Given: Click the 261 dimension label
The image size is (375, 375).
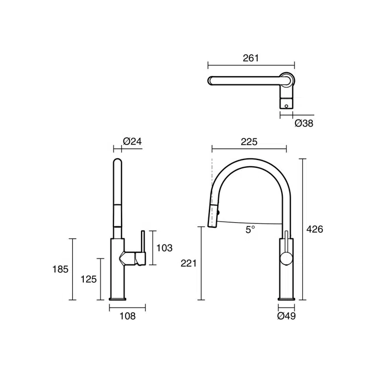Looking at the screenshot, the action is pos(251,58).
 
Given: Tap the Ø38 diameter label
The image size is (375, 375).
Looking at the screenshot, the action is pos(304,123).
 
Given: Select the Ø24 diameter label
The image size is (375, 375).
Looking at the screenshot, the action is pos(132,141).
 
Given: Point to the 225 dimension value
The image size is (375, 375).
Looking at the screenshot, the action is pos(249,142).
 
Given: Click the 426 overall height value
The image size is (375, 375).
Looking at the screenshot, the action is pos(315,229).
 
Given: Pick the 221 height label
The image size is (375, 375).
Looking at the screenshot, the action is pos(188,263).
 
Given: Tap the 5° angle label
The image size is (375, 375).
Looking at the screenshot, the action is pos(250,229).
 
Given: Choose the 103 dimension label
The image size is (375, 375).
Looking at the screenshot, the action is pos(164,248).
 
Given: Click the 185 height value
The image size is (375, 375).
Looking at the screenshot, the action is pos(60,269).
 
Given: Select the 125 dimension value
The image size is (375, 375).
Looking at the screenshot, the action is pos(88,279).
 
